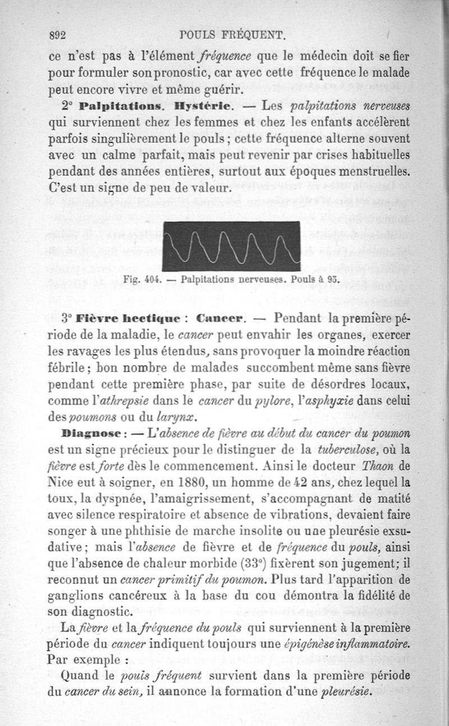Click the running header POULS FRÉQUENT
234,36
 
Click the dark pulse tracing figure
232,245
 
